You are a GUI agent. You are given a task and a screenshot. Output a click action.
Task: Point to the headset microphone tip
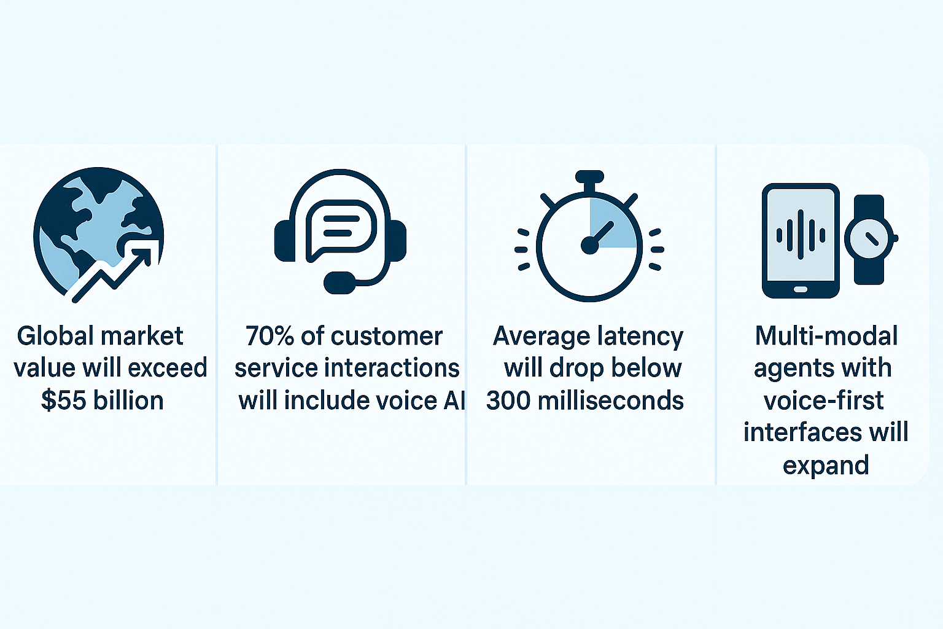pyautogui.click(x=340, y=283)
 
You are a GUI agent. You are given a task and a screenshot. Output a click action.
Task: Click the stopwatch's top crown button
pyautogui.click(x=589, y=176)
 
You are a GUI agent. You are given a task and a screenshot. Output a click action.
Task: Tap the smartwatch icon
pyautogui.click(x=870, y=239)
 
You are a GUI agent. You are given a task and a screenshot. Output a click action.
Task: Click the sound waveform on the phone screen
pyautogui.click(x=801, y=235)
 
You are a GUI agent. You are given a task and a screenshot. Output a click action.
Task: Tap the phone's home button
pyautogui.click(x=801, y=289)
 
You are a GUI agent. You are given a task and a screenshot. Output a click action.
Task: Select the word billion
pyautogui.click(x=128, y=400)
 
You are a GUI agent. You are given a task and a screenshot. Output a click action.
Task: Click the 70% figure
pyautogui.click(x=270, y=336)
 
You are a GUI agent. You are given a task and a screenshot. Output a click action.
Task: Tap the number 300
pyautogui.click(x=508, y=400)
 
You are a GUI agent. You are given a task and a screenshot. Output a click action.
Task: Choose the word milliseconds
pyautogui.click(x=611, y=400)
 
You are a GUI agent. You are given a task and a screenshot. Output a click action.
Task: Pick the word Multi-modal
pyautogui.click(x=826, y=336)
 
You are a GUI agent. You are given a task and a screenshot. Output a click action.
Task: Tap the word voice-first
pyautogui.click(x=824, y=400)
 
